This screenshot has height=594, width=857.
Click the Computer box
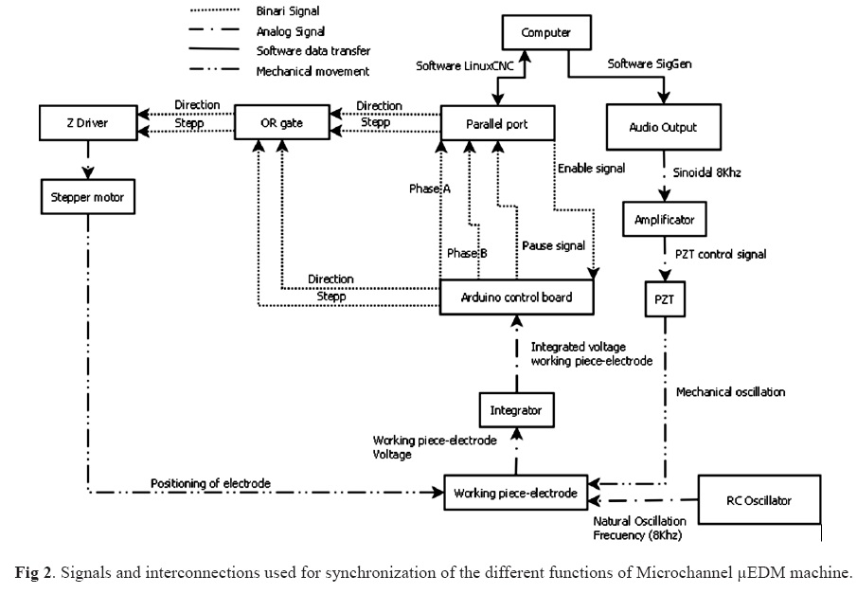pos(545,33)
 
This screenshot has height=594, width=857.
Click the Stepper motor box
pos(87,198)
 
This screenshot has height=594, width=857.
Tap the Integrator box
pos(516,411)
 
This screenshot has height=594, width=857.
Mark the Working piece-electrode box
pos(515,494)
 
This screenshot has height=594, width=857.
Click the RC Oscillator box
pos(758,499)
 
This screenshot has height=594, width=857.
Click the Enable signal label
pos(592,169)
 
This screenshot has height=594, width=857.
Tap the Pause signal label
pos(553,246)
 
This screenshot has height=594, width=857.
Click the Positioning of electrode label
pos(210,484)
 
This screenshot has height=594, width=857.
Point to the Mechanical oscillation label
pos(730,390)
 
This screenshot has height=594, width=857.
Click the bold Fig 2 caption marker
pos(33,573)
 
